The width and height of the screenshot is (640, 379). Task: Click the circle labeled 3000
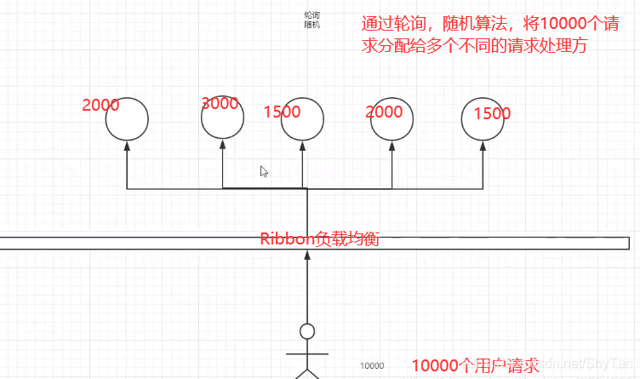click(x=223, y=118)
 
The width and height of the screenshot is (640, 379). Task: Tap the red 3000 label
click(x=220, y=104)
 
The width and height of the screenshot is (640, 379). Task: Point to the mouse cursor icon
click(x=264, y=171)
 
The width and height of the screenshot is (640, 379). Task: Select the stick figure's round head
click(x=307, y=331)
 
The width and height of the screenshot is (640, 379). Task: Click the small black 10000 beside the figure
click(x=372, y=365)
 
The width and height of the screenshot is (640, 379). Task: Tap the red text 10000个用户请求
click(x=476, y=366)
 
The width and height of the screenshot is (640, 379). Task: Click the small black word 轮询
click(x=311, y=15)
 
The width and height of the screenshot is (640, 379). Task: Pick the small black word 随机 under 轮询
click(x=311, y=25)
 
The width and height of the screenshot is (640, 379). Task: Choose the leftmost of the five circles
click(x=127, y=118)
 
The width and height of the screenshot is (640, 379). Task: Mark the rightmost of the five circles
click(x=483, y=118)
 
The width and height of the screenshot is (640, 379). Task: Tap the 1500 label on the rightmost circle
click(x=492, y=113)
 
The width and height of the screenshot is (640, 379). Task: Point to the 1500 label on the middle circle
click(x=282, y=112)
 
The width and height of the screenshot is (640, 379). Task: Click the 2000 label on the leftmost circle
click(x=100, y=106)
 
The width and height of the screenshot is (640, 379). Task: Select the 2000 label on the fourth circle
click(x=384, y=112)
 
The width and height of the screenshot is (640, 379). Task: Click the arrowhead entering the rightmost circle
click(x=483, y=146)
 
